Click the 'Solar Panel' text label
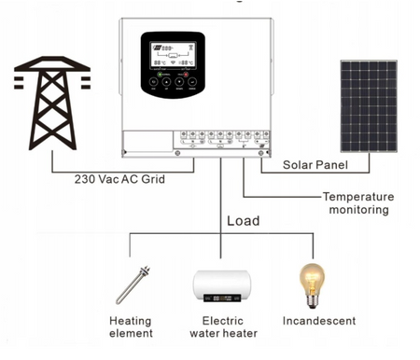pyautogui.click(x=315, y=165)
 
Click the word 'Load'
pyautogui.click(x=244, y=222)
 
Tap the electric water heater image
pyautogui.click(x=225, y=284)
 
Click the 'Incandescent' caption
pyautogui.click(x=318, y=321)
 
